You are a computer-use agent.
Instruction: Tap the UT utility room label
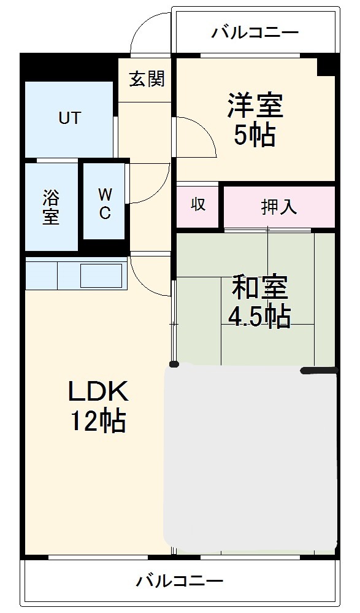coord(69,118)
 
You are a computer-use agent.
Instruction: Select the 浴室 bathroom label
coord(51,207)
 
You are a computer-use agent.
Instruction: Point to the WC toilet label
coord(105,204)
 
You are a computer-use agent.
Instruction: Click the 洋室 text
coord(255,106)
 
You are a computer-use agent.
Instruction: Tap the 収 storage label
coord(197,205)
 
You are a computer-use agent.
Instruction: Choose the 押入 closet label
coord(279,207)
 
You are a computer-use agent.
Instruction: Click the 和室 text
coord(259,287)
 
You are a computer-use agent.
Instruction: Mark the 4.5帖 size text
coord(259,316)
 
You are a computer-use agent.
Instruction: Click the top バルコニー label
coord(255,32)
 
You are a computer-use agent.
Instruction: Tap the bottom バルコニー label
coord(180,580)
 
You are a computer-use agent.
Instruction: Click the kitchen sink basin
coord(101,275)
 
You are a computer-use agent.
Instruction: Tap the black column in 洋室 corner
coord(327,64)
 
